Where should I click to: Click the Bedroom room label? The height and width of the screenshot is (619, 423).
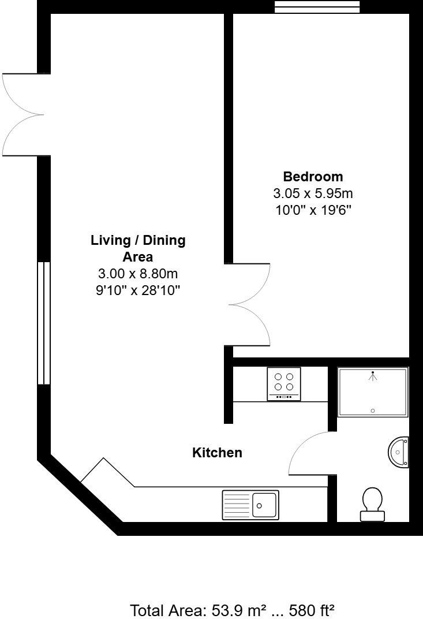tap(313, 177)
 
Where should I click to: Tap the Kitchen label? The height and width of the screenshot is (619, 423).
tap(217, 453)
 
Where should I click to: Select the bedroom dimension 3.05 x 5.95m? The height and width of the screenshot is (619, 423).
tap(313, 193)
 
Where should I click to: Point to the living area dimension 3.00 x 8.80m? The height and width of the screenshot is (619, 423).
tap(138, 274)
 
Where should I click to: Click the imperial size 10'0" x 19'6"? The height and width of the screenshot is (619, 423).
tap(313, 210)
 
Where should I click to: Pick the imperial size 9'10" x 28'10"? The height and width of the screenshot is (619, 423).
tap(138, 290)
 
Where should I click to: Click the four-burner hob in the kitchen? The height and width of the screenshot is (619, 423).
tap(284, 384)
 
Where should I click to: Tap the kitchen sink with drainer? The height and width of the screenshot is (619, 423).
tap(250, 505)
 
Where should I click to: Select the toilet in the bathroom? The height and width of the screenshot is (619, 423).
tap(372, 504)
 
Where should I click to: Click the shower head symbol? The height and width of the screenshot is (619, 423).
tap(373, 376)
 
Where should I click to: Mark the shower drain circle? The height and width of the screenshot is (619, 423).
tap(373, 411)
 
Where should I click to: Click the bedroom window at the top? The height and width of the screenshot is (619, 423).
tap(317, 6)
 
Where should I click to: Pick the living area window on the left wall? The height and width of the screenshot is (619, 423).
tap(44, 323)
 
